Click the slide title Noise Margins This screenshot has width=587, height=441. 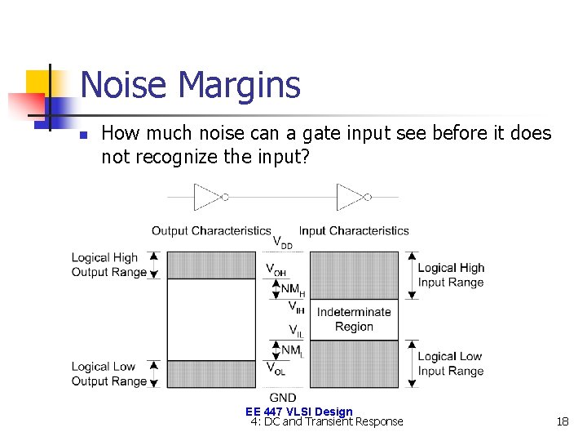190,86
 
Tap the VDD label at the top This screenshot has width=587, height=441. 283,243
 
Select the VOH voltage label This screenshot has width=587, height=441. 276,269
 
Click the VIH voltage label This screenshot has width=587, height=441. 297,307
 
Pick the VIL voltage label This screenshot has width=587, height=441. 297,331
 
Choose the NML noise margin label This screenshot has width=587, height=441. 293,350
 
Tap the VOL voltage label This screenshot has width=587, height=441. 276,369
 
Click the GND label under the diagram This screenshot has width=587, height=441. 282,397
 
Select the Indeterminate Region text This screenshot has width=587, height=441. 354,319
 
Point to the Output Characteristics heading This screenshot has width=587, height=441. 211,231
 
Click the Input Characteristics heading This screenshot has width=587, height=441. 354,231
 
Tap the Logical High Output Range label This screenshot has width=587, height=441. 109,265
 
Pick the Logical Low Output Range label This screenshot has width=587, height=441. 109,374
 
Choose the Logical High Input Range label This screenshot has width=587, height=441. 451,275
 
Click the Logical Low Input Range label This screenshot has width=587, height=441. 451,363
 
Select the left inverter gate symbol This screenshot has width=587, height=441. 209,197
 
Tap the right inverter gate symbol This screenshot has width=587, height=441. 352,197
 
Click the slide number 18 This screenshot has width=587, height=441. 562,421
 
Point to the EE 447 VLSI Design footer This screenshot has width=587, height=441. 298,412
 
